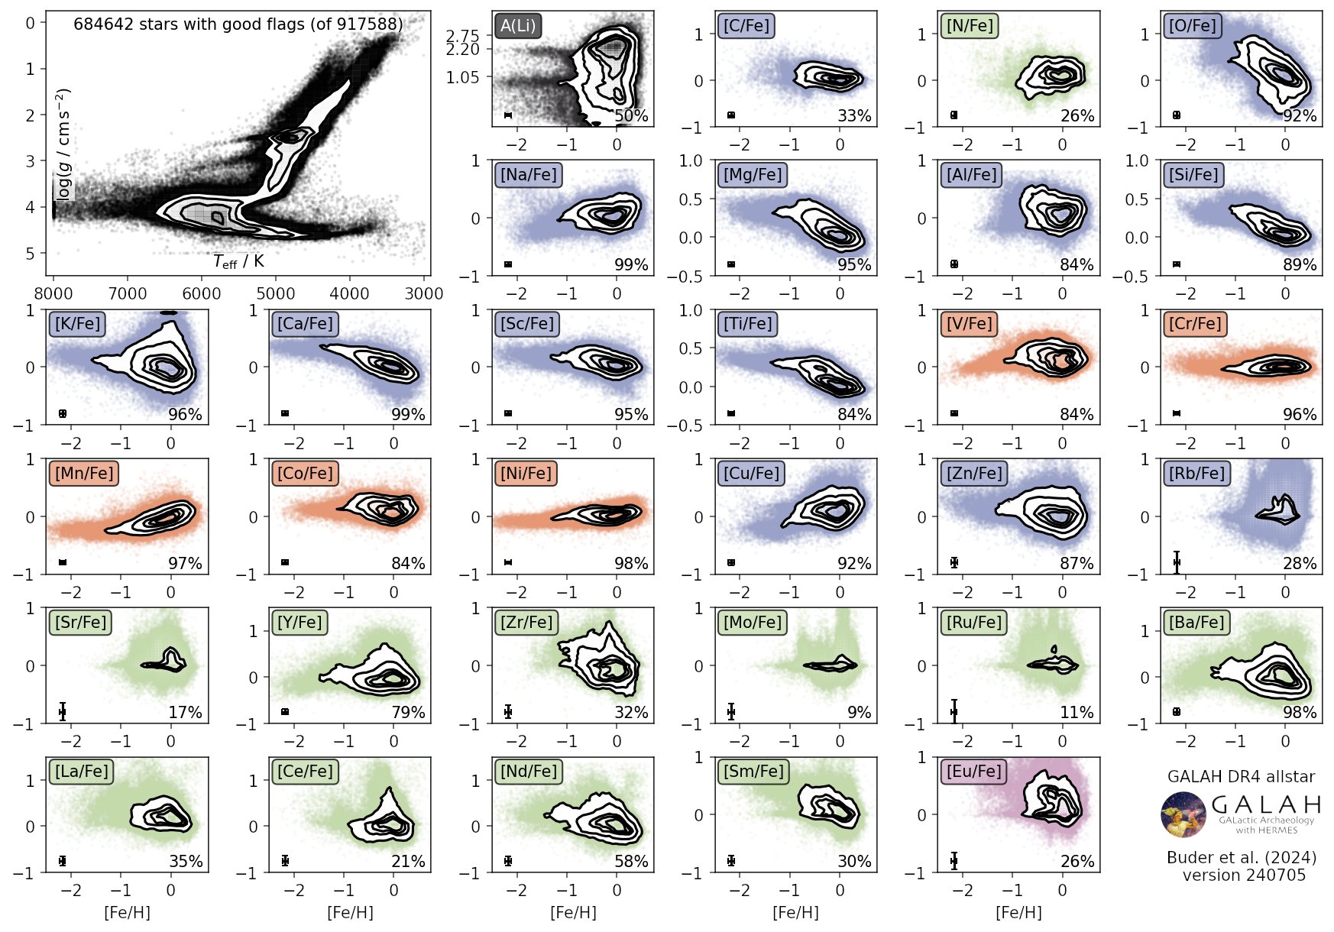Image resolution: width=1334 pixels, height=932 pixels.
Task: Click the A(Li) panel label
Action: click(x=518, y=25)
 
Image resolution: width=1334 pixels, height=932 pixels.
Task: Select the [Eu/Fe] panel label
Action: click(x=973, y=771)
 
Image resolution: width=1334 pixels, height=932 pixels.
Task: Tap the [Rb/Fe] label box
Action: click(x=1196, y=473)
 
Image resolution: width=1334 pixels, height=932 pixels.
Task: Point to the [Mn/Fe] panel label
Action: click(x=84, y=473)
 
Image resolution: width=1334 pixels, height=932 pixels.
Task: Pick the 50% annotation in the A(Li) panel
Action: click(x=631, y=116)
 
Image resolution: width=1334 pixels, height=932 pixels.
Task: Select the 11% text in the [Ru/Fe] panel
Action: click(x=1077, y=713)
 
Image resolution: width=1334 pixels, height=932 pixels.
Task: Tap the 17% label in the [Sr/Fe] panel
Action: click(x=185, y=713)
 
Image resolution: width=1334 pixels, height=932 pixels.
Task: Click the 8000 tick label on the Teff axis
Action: click(x=53, y=294)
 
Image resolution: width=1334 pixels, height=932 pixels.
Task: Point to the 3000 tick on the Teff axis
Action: click(x=424, y=294)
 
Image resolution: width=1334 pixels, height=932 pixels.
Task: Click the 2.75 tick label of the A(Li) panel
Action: click(x=461, y=36)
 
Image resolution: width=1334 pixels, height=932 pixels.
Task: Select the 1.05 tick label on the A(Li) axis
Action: click(x=461, y=77)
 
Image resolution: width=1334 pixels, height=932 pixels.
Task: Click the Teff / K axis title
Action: click(x=238, y=261)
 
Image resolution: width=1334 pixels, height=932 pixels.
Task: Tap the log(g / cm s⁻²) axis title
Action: click(x=64, y=144)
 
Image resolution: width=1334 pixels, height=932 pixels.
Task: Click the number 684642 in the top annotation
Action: click(x=101, y=24)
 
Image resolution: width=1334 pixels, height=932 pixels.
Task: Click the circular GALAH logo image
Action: click(x=1183, y=814)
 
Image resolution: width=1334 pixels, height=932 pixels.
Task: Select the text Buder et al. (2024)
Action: click(x=1242, y=857)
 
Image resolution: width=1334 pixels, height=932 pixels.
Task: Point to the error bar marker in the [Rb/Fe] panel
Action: click(x=1177, y=562)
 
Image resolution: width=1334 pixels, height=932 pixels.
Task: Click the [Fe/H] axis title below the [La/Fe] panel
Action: click(x=127, y=912)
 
